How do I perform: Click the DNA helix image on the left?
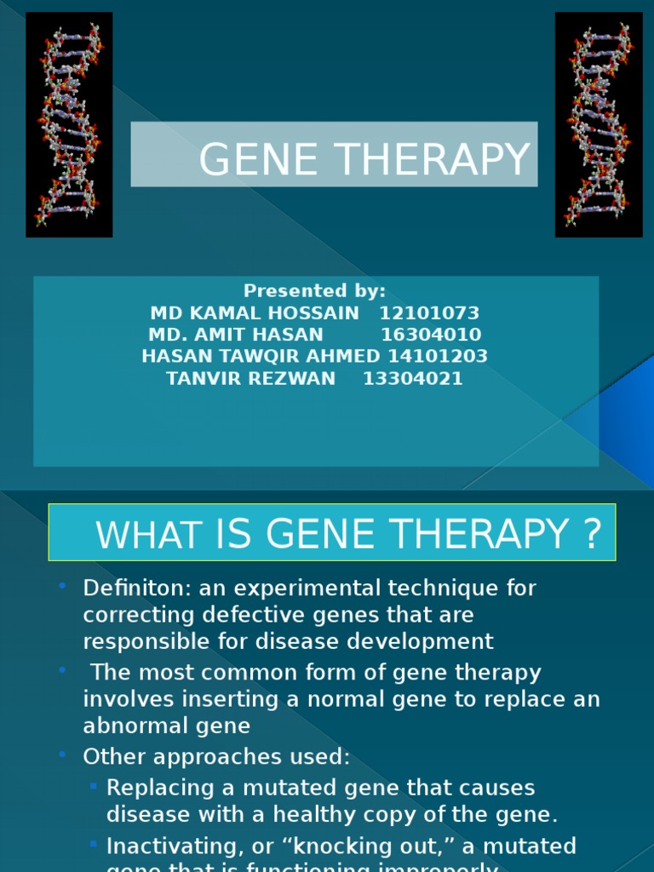coord(69,124)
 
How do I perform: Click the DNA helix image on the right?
coord(599,124)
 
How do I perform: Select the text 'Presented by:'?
coord(315,290)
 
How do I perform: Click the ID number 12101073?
coord(429,313)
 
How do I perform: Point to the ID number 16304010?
coord(431,335)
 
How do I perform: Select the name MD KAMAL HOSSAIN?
coord(255,313)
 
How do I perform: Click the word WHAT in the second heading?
coord(149,536)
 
